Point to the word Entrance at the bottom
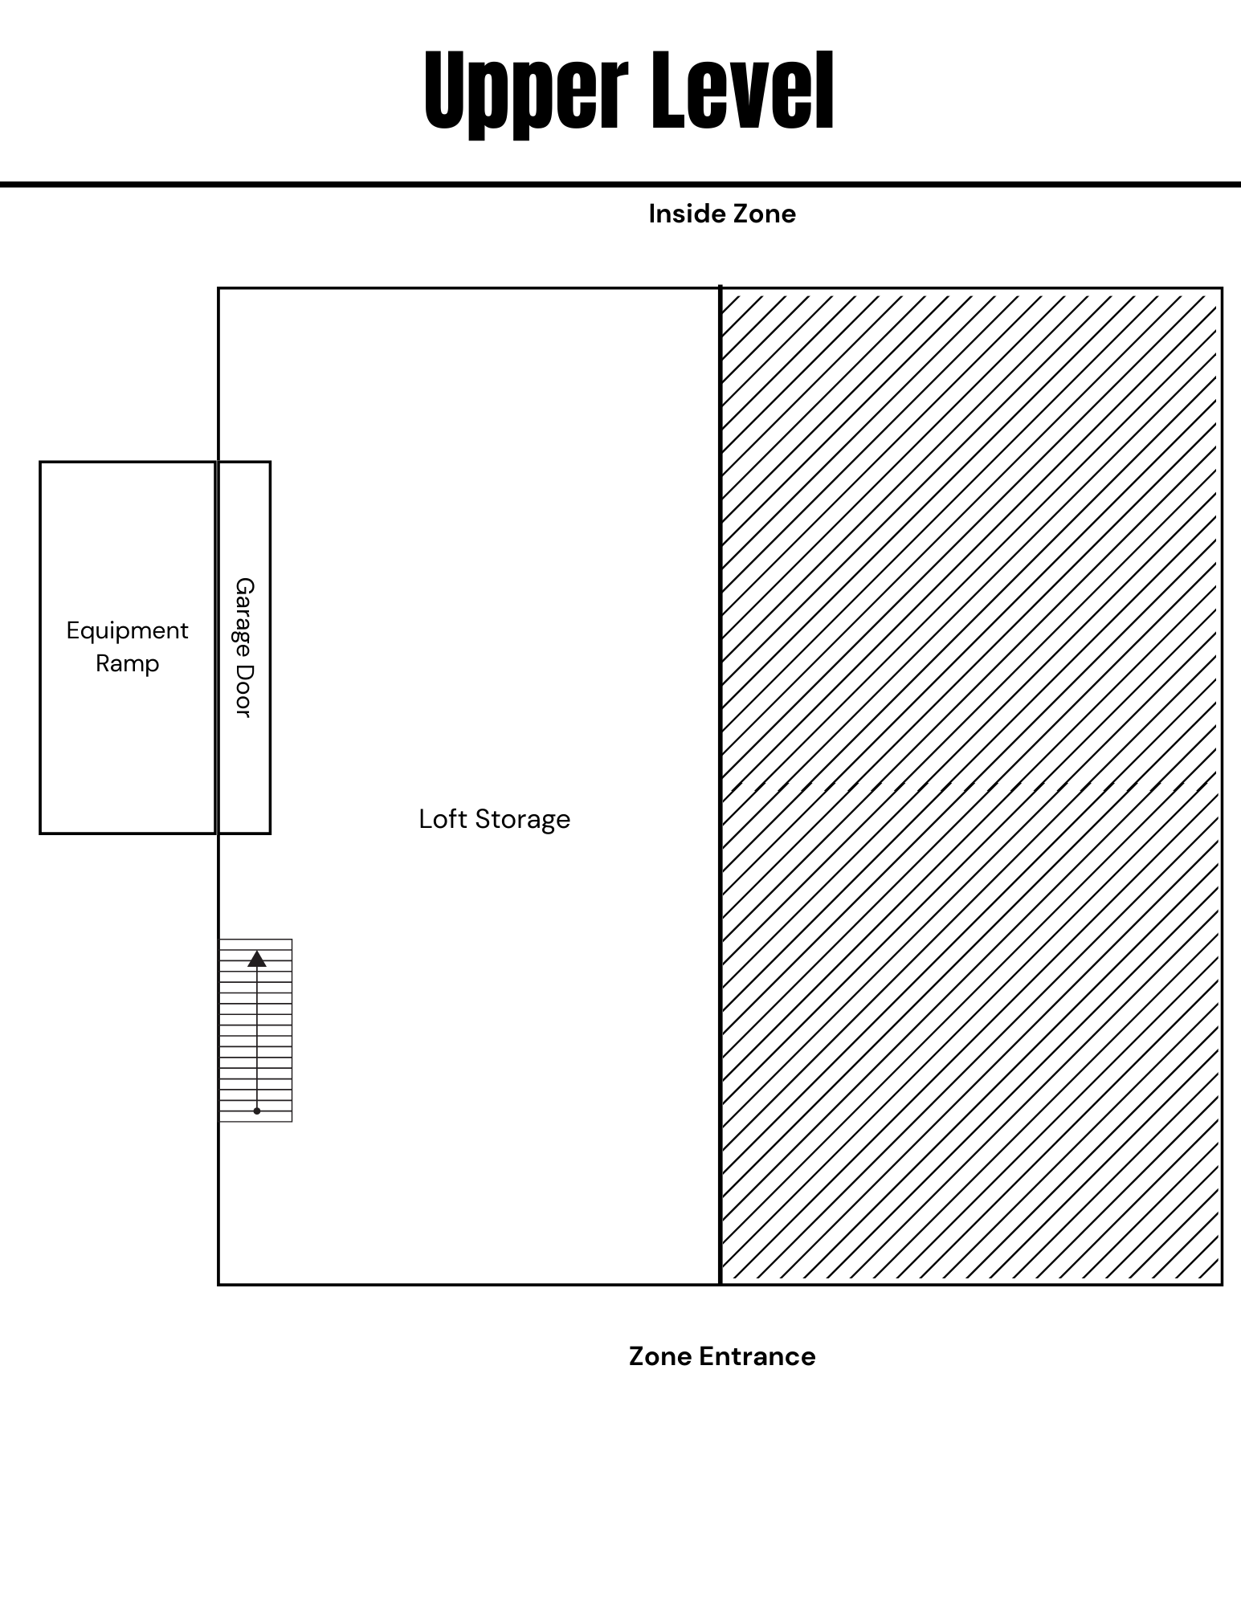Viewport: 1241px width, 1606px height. (757, 1356)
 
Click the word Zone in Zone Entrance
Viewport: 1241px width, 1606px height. (660, 1356)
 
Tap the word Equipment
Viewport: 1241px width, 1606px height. (127, 630)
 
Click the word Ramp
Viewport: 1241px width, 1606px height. (127, 663)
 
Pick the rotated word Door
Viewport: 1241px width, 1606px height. (244, 691)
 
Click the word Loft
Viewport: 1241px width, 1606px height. (443, 819)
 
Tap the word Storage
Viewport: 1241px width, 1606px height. (522, 819)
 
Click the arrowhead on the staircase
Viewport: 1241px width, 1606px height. (257, 958)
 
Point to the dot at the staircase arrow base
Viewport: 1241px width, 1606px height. (257, 1111)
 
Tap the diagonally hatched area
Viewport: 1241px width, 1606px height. (970, 562)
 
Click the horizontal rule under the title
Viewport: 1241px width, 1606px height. (620, 185)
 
